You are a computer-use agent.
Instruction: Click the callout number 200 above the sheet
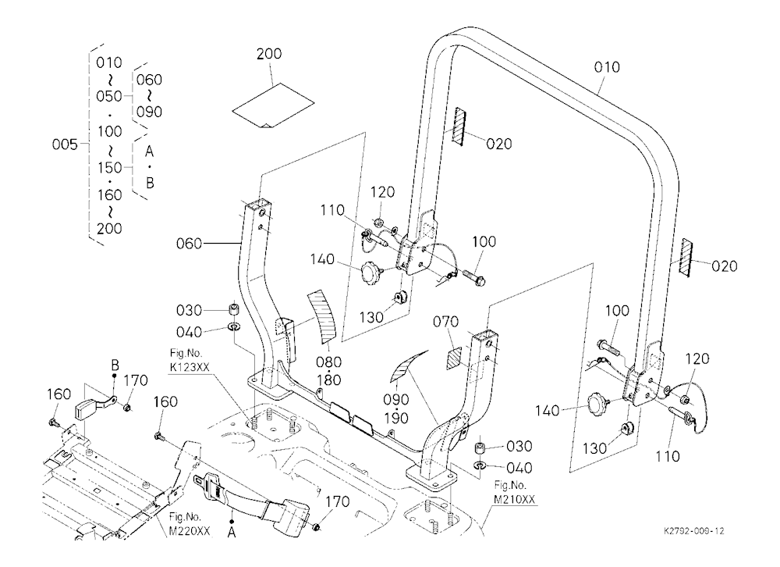click(x=269, y=54)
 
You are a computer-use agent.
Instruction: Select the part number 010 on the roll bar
click(x=607, y=67)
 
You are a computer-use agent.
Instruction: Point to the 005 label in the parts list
click(x=65, y=144)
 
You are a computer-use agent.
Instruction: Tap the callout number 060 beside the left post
click(x=189, y=244)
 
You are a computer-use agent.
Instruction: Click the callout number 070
click(x=445, y=322)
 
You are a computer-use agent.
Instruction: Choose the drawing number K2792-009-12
click(x=693, y=531)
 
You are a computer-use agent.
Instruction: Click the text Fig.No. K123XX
click(x=189, y=360)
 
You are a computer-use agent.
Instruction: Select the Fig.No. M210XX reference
click(x=514, y=492)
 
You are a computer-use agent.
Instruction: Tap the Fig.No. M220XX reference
click(x=189, y=523)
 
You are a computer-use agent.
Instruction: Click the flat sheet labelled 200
click(x=273, y=105)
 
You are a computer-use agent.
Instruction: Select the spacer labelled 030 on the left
click(x=233, y=309)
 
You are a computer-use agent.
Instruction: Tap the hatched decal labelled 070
click(x=454, y=358)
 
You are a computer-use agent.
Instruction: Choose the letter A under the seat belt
click(x=232, y=533)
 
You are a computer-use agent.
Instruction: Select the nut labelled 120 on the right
click(x=685, y=398)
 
